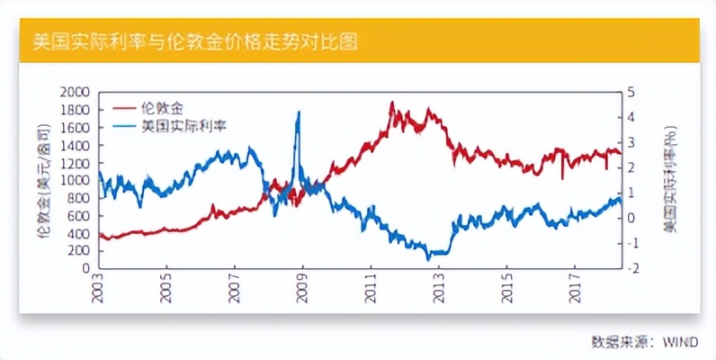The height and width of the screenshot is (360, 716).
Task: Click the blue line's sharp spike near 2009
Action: point(298,112)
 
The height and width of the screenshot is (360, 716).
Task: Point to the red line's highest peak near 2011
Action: point(392,103)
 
